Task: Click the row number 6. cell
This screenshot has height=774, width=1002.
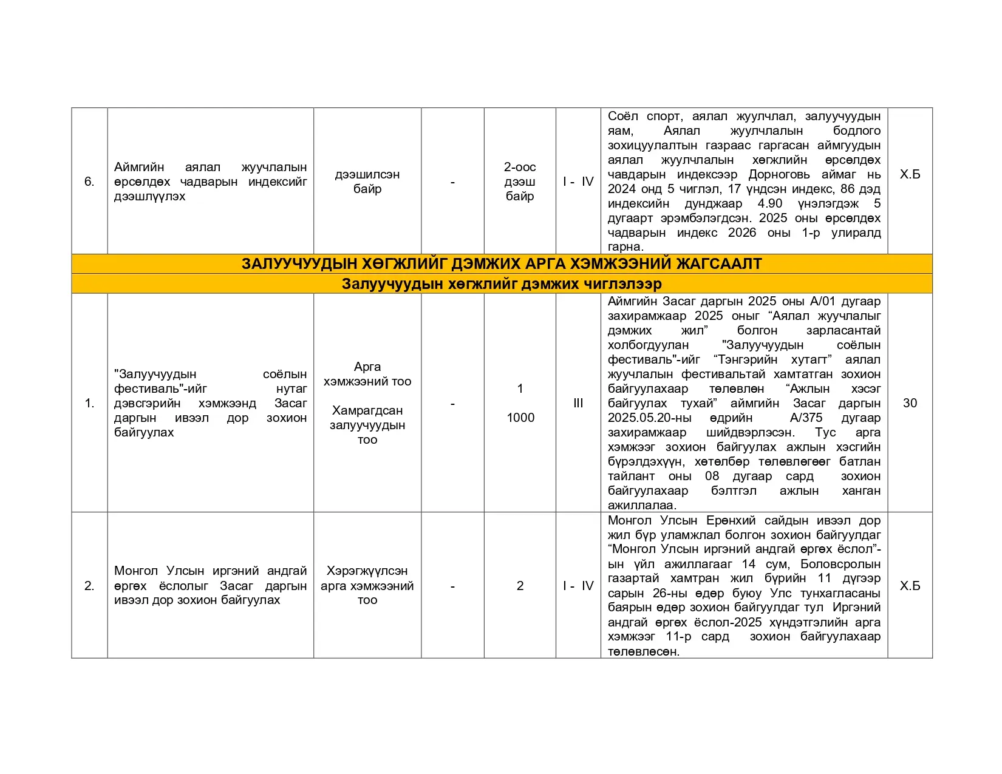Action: coord(89,182)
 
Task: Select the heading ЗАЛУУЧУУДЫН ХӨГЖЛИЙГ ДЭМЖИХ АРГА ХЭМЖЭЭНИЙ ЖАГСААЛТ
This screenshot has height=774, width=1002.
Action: coord(502,263)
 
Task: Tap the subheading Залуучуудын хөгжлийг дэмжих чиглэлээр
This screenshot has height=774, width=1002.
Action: coord(502,283)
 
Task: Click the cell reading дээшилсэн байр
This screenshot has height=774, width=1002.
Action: coord(367,182)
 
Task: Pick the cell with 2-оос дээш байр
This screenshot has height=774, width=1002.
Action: coord(520,182)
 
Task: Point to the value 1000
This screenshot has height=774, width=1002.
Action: coord(520,418)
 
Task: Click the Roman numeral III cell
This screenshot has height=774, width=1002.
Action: coord(578,403)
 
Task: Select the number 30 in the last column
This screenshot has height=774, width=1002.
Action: coord(910,403)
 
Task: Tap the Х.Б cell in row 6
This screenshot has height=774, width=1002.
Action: coord(910,174)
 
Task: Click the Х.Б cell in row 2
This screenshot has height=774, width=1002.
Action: coord(910,586)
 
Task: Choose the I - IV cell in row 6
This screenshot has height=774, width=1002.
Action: coord(578,182)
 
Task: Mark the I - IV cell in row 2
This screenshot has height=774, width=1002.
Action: coord(578,586)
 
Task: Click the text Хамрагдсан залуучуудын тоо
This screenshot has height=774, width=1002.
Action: coord(367,425)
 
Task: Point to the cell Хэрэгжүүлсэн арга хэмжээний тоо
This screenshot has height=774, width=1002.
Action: coord(367,586)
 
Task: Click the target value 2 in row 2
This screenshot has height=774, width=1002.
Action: coord(520,586)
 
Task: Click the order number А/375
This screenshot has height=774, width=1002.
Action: coord(806,418)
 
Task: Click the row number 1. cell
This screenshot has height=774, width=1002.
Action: coord(89,403)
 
